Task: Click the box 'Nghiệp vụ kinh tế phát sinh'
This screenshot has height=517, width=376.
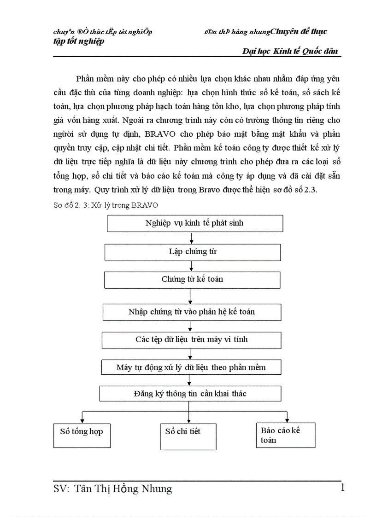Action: [194, 223]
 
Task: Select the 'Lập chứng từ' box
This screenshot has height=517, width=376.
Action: [193, 252]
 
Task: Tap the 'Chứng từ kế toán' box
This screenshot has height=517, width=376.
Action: [192, 279]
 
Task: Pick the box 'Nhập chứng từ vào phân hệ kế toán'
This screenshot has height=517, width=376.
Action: [192, 312]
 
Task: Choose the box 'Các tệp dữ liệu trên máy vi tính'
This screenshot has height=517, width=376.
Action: [191, 340]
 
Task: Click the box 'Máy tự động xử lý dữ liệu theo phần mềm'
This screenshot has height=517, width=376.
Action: [191, 367]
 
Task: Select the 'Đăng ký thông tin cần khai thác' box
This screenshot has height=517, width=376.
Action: [190, 394]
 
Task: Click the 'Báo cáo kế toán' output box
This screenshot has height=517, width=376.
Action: [286, 435]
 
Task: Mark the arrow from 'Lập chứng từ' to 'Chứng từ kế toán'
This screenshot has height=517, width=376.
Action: [192, 266]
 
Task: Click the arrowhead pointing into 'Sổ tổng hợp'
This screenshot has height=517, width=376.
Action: [82, 420]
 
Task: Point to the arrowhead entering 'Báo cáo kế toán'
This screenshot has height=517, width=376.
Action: [287, 419]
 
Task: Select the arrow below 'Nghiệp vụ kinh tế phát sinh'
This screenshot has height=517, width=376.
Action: [192, 238]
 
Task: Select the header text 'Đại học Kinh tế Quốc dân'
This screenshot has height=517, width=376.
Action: [290, 52]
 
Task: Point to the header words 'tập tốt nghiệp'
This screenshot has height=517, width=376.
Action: [79, 41]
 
